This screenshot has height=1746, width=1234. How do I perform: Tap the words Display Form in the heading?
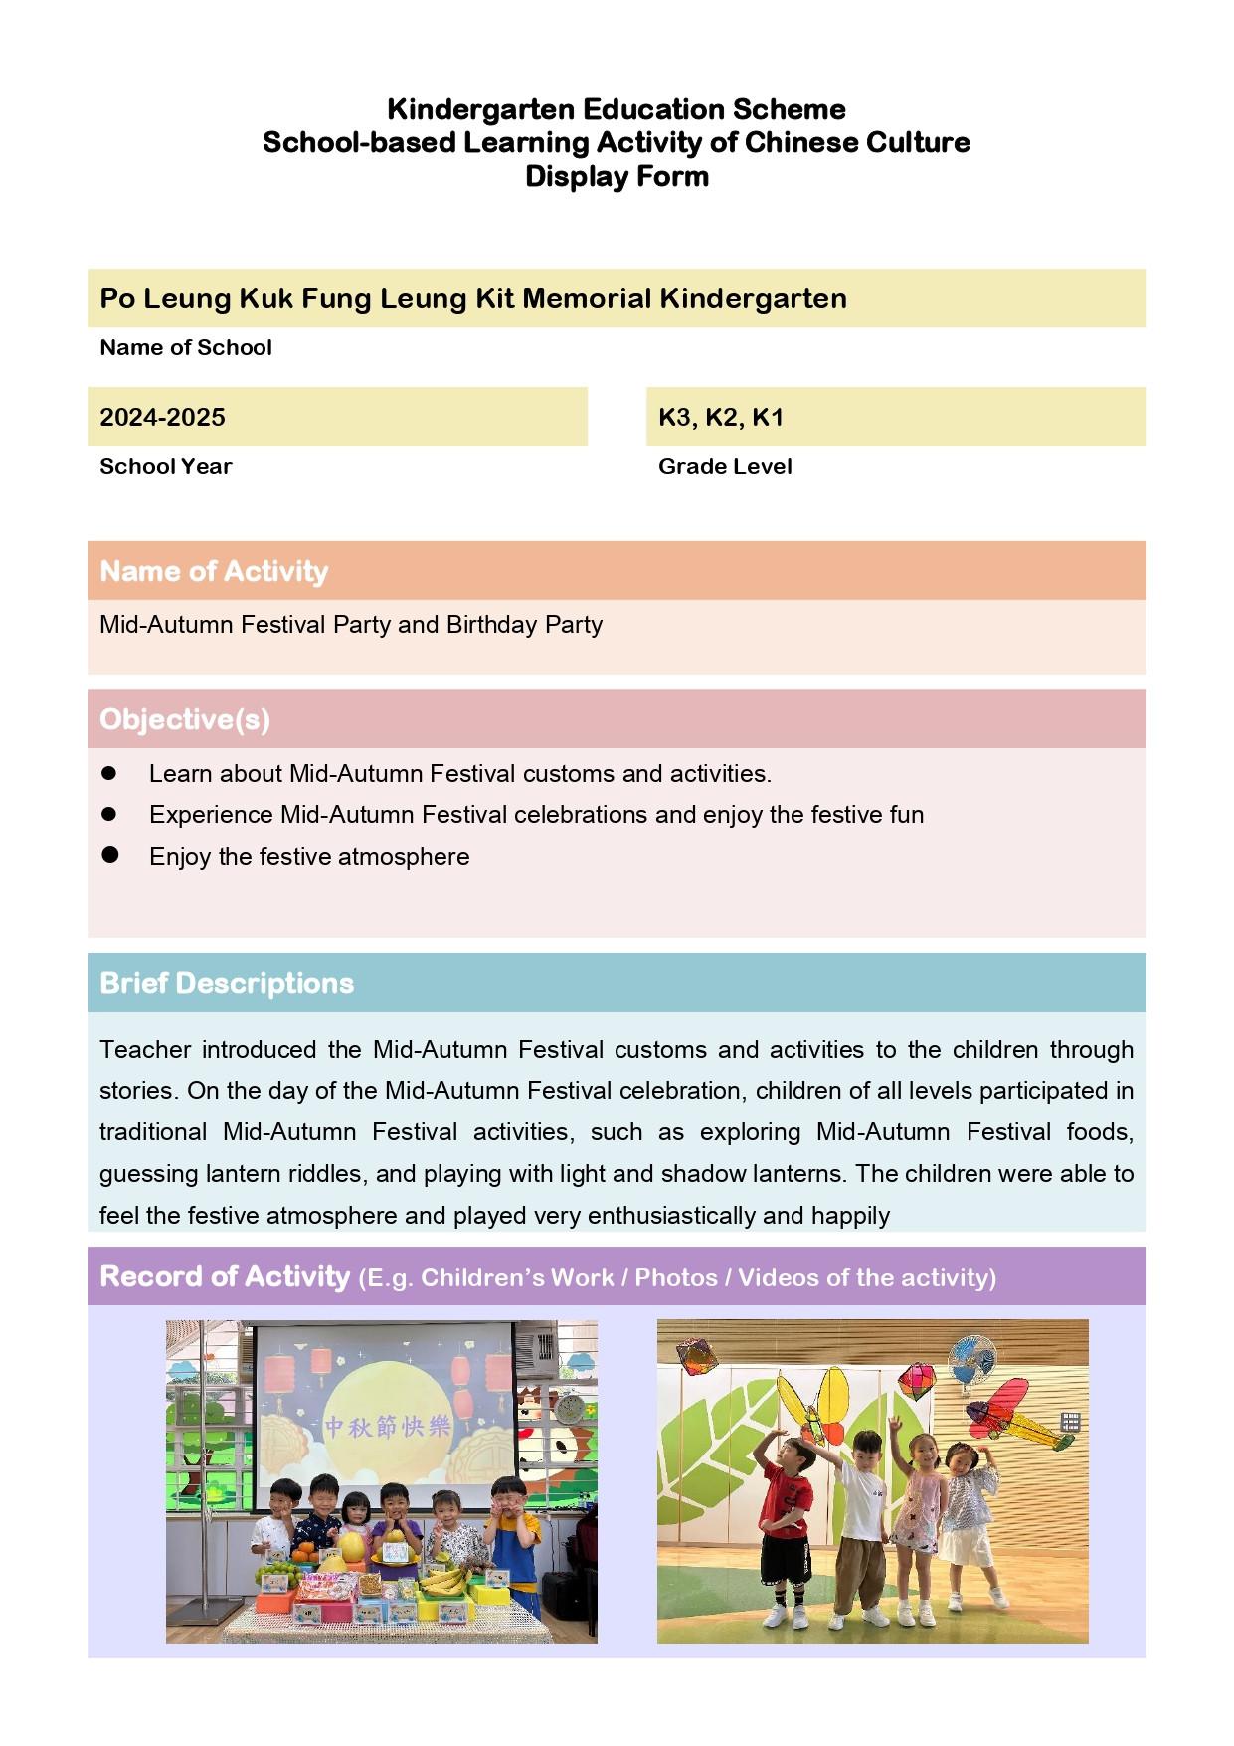pos(617,177)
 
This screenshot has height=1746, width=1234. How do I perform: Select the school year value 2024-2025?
pos(162,417)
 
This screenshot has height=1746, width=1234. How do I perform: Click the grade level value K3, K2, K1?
pos(721,417)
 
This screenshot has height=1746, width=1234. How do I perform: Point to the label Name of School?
pos(186,347)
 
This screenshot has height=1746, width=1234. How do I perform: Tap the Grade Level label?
pos(725,466)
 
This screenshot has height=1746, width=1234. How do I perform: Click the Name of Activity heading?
pos(214,571)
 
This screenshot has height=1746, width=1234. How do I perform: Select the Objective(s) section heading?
pos(185,719)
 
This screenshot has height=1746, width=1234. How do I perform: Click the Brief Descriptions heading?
pos(227,983)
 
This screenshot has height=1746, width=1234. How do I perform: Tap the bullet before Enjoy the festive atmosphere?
pos(110,855)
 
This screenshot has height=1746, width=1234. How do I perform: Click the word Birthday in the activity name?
pos(491,625)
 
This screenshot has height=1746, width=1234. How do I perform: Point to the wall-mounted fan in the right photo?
pos(970,1360)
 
